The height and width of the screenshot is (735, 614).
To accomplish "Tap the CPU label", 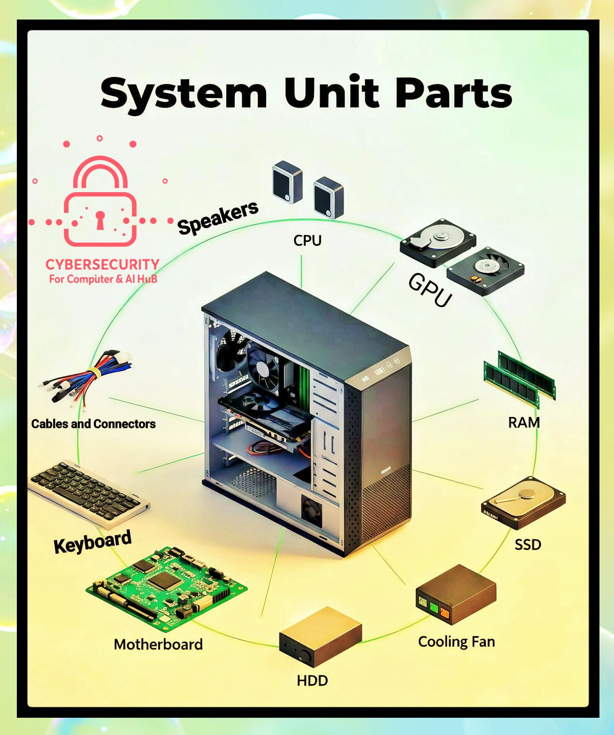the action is point(307,240).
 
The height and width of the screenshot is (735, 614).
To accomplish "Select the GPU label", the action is point(430,290).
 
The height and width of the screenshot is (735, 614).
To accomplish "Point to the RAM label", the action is point(524,423).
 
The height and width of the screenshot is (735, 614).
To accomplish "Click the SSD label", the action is point(528,544).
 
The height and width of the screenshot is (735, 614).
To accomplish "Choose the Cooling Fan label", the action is point(456,642).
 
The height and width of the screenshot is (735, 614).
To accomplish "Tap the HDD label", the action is point(312,681).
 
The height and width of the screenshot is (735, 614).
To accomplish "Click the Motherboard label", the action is point(158,644).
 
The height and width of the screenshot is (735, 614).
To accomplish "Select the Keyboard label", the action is point(93,541).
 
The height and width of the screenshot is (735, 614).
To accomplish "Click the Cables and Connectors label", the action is point(93,424).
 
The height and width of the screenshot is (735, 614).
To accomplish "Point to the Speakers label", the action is point(218,217).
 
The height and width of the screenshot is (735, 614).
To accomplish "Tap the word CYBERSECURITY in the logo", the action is point(102,265).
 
